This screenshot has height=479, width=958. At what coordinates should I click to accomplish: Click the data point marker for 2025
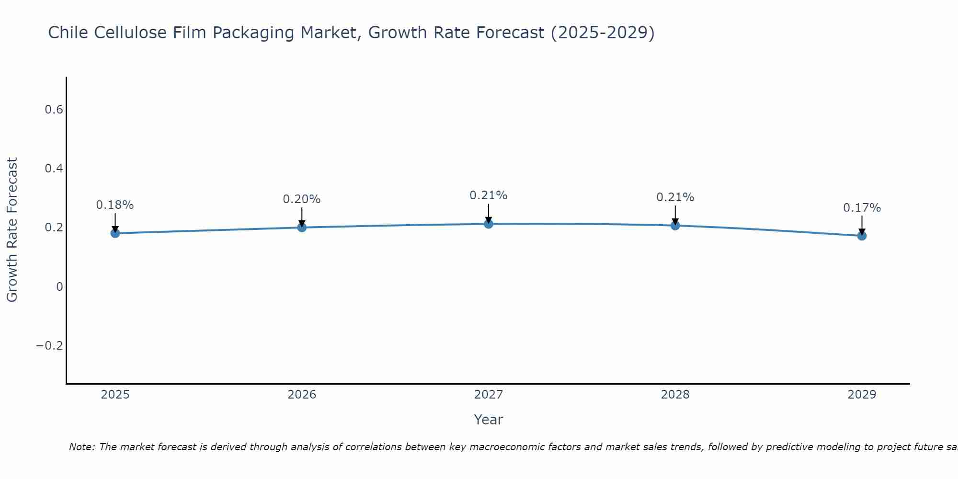point(115,233)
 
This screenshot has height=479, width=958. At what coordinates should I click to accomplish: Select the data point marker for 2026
point(302,228)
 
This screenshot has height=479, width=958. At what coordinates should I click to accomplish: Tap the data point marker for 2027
point(489,224)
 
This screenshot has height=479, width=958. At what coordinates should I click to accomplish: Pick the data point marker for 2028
point(675,226)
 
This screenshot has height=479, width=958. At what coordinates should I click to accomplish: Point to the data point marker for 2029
point(862,236)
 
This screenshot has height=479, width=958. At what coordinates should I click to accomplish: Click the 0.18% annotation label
point(115,205)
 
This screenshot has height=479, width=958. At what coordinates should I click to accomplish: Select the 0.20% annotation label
point(302,199)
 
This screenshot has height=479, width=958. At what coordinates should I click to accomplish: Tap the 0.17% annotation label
point(862,208)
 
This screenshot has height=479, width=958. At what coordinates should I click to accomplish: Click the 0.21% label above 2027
point(489,195)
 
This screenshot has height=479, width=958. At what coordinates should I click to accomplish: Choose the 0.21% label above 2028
point(675,197)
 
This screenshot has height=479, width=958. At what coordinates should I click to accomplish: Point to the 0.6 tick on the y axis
point(54,110)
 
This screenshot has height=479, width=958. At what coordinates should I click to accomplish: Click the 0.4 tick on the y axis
point(54,169)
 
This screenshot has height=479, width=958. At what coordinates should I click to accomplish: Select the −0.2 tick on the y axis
point(50,346)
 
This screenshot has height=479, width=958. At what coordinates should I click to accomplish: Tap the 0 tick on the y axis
point(59,287)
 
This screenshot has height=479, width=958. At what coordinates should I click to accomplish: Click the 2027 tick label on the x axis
point(489,395)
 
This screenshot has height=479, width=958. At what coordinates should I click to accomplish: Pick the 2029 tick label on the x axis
point(862,395)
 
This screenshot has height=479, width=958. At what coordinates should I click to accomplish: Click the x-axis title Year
point(489,420)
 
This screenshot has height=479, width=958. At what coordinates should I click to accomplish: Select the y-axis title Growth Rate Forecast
point(12,230)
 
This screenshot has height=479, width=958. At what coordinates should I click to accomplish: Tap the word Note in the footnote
point(82,447)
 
